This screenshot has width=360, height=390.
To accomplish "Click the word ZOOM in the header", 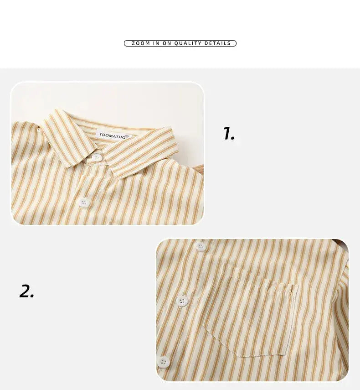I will click(140, 43).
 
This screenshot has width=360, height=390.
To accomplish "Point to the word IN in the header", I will click(156, 43).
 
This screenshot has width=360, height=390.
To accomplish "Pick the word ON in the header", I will click(167, 43).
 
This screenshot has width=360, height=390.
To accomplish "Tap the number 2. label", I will click(27, 291).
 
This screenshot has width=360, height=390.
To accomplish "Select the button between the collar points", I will click(97, 158).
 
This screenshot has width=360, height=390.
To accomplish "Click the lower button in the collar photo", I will click(85, 202).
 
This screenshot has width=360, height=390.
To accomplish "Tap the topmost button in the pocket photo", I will click(201, 247).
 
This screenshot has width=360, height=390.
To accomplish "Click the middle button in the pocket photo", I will click(183, 301).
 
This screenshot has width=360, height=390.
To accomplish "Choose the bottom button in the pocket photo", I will click(164, 362).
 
